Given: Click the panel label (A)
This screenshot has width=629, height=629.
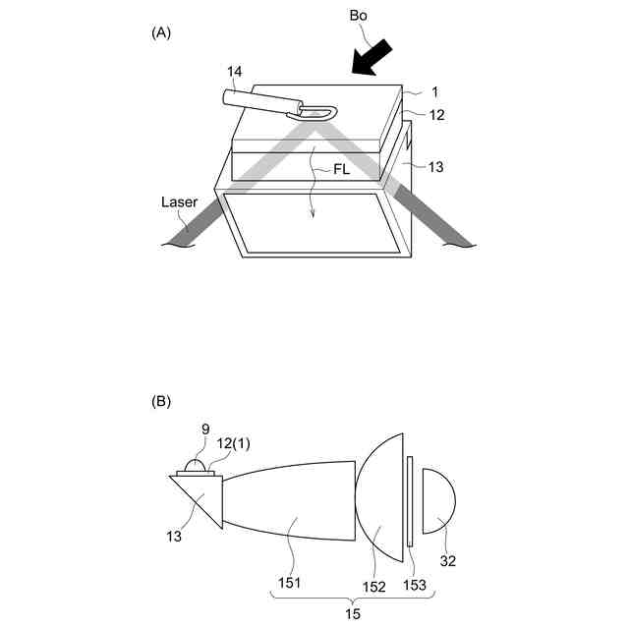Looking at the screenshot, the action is tap(161, 32).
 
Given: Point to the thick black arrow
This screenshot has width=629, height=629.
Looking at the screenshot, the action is tap(378, 57).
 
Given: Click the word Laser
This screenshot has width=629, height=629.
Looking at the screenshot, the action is tap(180, 202).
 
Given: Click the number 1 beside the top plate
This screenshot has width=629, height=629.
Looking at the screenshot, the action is tap(433, 92).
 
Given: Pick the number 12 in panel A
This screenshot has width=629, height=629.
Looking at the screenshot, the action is tap(437, 115).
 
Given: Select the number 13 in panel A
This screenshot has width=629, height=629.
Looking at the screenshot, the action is tap(435, 166).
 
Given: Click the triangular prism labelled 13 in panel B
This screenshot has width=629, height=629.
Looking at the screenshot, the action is tap(200, 496).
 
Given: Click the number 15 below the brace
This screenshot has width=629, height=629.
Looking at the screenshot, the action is tap(351, 614).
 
